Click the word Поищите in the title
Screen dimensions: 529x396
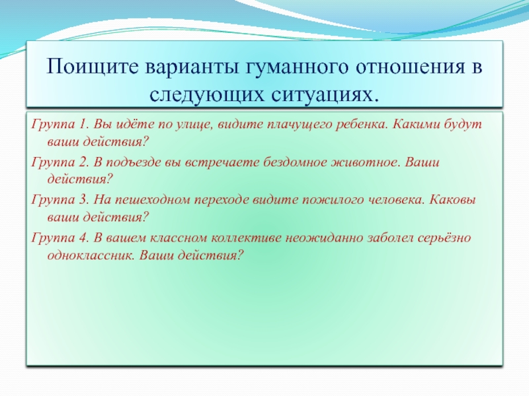tap(93, 66)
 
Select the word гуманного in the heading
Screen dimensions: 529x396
tap(295, 67)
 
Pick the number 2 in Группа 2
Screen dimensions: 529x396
tap(83, 162)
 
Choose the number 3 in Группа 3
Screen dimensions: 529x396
tap(83, 200)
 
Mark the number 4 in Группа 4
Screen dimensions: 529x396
tap(83, 238)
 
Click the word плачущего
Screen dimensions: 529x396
tap(300, 125)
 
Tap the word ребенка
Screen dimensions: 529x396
tap(360, 125)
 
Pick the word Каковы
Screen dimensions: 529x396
tap(453, 200)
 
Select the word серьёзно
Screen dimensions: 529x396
tap(444, 238)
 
